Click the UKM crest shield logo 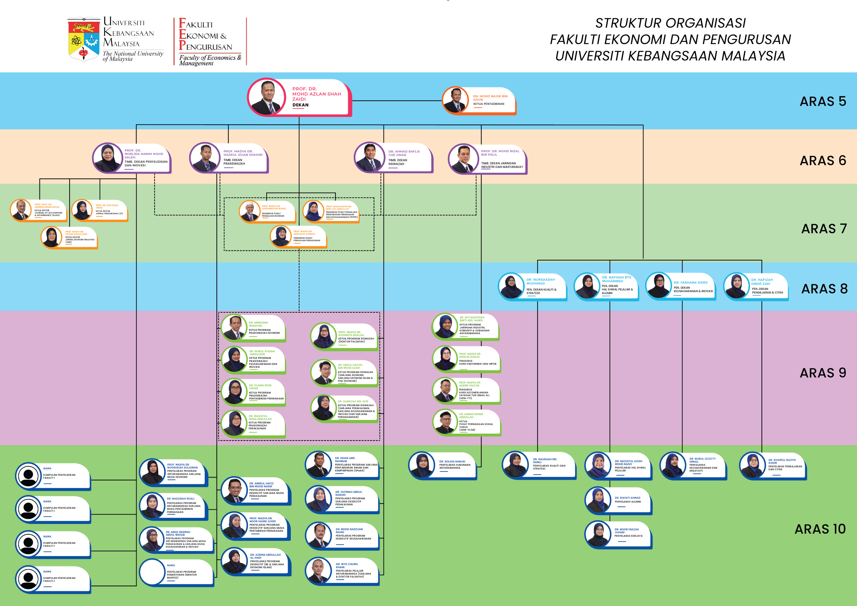(84, 39)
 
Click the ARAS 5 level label (823, 101)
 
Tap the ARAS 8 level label (824, 289)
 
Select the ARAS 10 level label (820, 529)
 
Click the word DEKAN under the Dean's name (301, 105)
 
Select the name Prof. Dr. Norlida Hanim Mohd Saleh (144, 154)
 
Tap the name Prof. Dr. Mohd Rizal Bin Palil (500, 153)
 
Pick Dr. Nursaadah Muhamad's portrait (511, 286)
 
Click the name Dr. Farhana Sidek (691, 283)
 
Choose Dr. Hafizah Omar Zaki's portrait (736, 286)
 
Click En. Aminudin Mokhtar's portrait (234, 327)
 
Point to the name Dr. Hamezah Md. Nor (353, 401)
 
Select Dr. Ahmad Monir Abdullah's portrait (445, 422)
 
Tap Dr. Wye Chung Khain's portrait (318, 571)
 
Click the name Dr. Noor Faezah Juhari (626, 531)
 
